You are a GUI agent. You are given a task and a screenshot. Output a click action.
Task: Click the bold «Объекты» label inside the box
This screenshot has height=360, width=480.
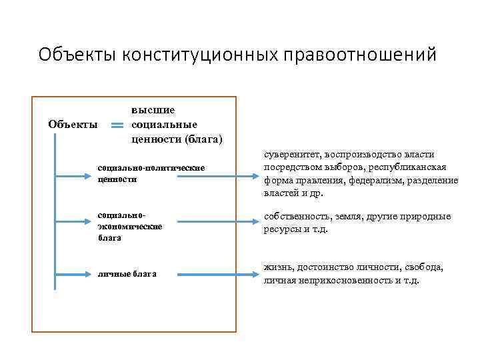coord(73,124)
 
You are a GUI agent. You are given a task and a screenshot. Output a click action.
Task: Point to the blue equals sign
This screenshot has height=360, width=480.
coord(117,125)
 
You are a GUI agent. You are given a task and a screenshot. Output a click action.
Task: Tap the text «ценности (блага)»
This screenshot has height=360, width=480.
coord(177,139)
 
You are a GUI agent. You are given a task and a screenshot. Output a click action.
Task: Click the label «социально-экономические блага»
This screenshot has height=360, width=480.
coord(129,227)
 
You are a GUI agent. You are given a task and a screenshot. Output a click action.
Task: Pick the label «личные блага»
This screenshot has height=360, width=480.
coord(127,273)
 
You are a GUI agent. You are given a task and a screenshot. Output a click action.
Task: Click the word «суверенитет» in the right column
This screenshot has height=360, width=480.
coord(291,154)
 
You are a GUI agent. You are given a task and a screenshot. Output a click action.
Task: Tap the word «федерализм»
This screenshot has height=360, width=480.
coord(377,180)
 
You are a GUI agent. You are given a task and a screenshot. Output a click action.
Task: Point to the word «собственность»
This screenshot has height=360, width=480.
coord(297,217)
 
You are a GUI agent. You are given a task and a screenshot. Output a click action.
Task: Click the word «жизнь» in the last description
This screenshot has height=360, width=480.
coord(277,267)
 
